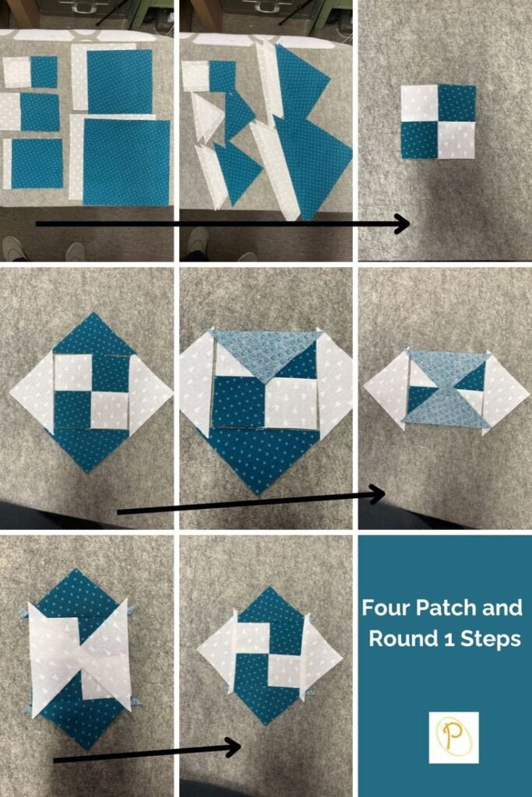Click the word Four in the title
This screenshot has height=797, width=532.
386,607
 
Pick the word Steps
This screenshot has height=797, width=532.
489,639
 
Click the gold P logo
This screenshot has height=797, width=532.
453,738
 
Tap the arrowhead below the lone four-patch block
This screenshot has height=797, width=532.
403,223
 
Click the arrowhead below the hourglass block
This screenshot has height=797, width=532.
377,494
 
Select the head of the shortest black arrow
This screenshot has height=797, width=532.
233,746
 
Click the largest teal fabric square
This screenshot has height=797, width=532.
126,162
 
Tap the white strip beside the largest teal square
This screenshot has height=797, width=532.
76,157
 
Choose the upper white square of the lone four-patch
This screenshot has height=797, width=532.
419,104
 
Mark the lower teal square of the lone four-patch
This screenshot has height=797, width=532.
419,140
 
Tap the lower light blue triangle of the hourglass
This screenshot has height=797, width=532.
446,409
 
